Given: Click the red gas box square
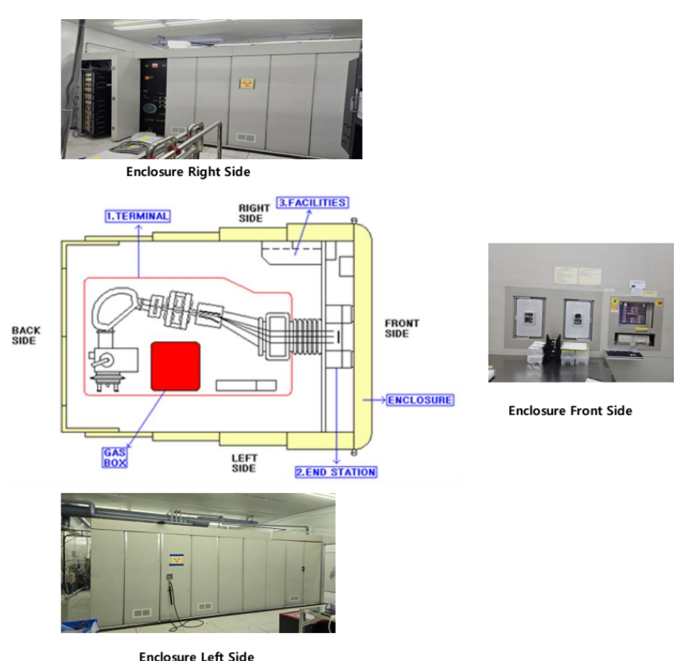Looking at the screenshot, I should pos(175,366).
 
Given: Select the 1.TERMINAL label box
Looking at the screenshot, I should pos(138,216).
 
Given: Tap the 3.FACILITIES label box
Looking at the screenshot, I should pos(312,203).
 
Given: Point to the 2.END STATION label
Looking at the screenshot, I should pos(336,472).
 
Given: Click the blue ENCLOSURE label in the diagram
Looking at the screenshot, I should pos(420,399).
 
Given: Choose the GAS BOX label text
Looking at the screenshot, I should pos(114,457).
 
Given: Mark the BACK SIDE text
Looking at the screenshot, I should pos(26,335).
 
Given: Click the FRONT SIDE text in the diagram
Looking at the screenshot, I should pos(402,329).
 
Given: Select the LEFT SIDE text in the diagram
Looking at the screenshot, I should pos(244,463).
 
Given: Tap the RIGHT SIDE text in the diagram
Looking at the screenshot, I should pos(254,212).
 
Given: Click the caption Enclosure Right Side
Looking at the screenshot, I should pos(188,171).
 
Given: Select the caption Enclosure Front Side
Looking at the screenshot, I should pos(570,410).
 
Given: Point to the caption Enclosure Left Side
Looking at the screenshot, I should pos(197,655).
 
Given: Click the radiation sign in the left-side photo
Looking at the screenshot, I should pos(173,561).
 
